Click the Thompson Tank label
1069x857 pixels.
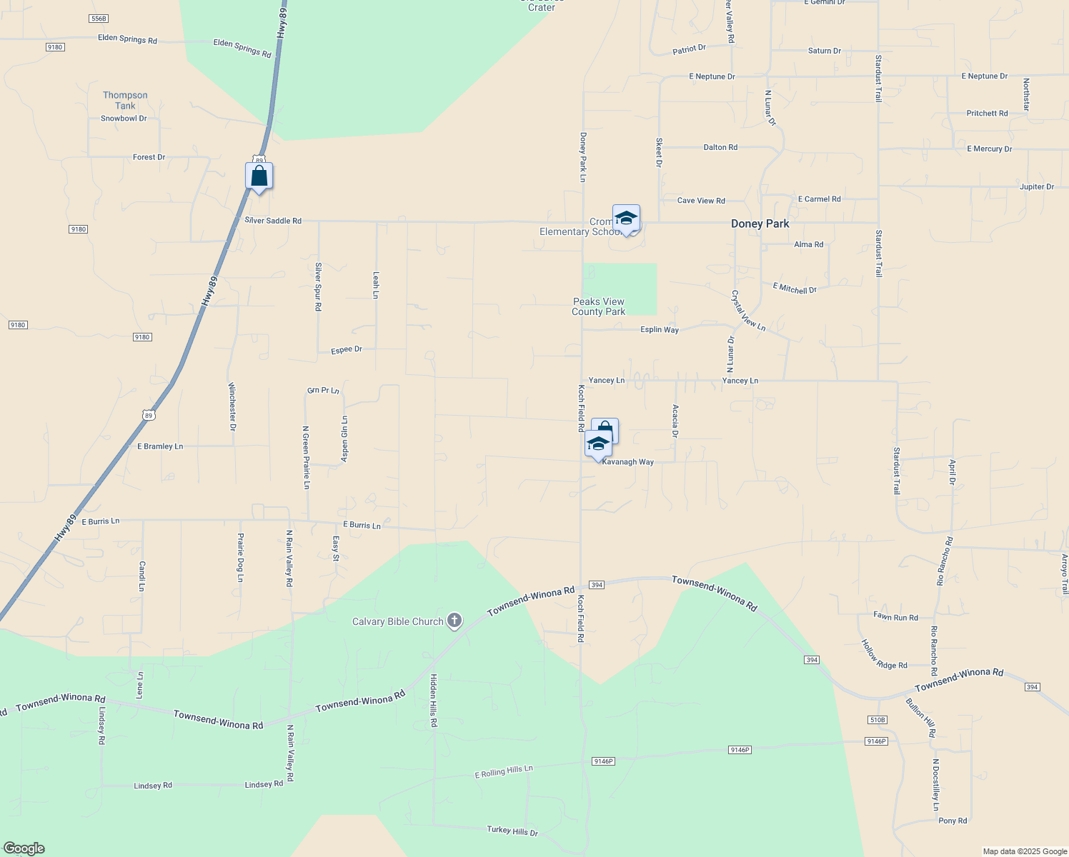click(x=125, y=101)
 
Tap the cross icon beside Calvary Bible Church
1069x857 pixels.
click(x=454, y=621)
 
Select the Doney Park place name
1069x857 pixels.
click(x=760, y=224)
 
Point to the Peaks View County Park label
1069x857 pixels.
click(x=598, y=306)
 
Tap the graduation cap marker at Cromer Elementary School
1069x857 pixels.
click(x=626, y=219)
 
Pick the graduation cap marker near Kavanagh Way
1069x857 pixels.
click(x=597, y=444)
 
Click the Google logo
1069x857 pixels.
click(x=23, y=848)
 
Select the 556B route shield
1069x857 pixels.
click(x=99, y=19)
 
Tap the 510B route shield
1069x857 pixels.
click(x=877, y=720)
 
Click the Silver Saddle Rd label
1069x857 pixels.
click(x=273, y=221)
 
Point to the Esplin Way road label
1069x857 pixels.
click(x=660, y=330)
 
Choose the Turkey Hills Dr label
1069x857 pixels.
click(x=512, y=831)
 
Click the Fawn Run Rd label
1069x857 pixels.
click(x=895, y=617)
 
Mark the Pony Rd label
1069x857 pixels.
click(x=953, y=821)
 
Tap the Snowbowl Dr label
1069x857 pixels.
click(x=124, y=119)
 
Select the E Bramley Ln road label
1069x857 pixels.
click(x=160, y=446)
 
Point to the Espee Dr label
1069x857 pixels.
click(x=347, y=350)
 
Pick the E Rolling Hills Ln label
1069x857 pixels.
click(x=504, y=772)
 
